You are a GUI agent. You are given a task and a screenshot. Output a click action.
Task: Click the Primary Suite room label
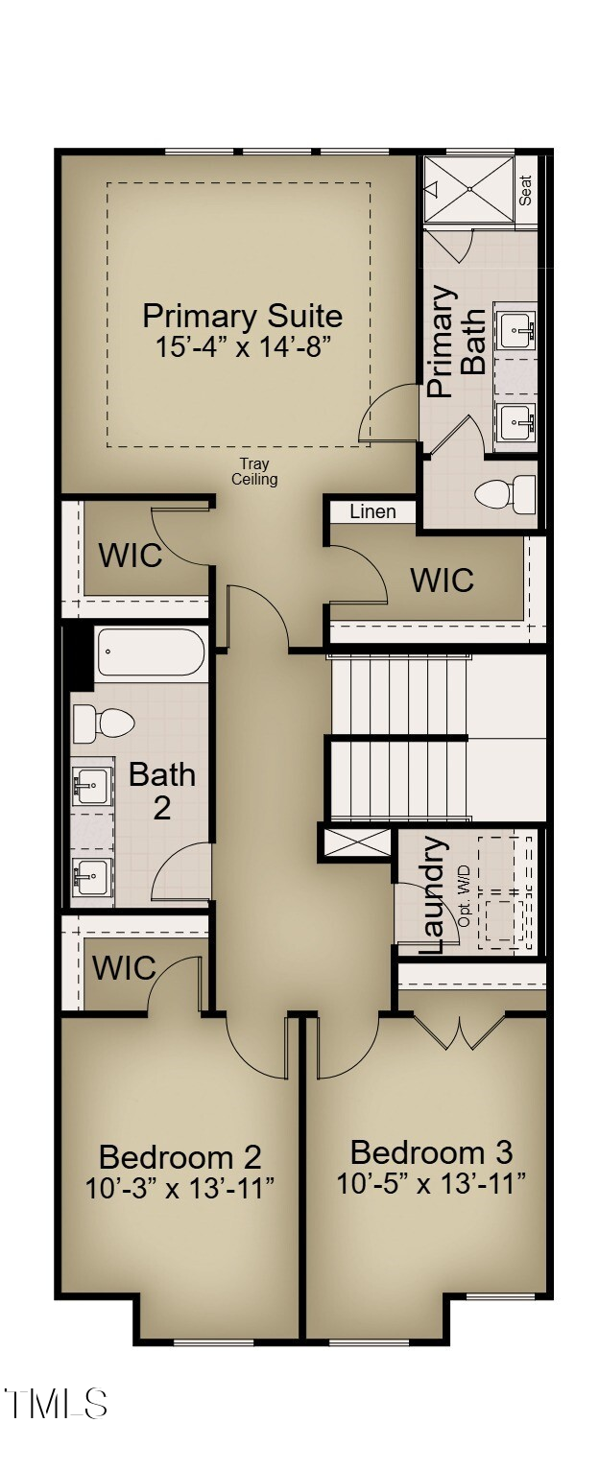pos(242,316)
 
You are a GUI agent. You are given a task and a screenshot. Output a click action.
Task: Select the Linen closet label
pos(372,511)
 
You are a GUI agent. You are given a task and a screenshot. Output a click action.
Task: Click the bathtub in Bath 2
pos(151,653)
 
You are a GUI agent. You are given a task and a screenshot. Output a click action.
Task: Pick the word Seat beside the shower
pos(526,189)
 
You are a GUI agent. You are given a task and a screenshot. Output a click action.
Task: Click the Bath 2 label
pos(162,790)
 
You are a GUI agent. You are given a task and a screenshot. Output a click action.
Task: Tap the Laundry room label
pos(433,894)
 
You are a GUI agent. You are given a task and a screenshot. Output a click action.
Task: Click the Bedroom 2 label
pos(180,1156)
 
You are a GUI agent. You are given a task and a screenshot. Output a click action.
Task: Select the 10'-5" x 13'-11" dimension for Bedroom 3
pos(431,1183)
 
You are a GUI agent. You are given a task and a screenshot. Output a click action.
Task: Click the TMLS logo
pos(55,1404)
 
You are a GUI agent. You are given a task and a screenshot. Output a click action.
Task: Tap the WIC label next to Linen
pos(442,580)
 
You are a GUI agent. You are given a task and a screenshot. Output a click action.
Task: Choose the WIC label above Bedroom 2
pos(124,968)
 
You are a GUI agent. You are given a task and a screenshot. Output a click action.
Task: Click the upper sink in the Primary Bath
pos(516,330)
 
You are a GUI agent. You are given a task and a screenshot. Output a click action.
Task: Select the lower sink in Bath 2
pos(93,875)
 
